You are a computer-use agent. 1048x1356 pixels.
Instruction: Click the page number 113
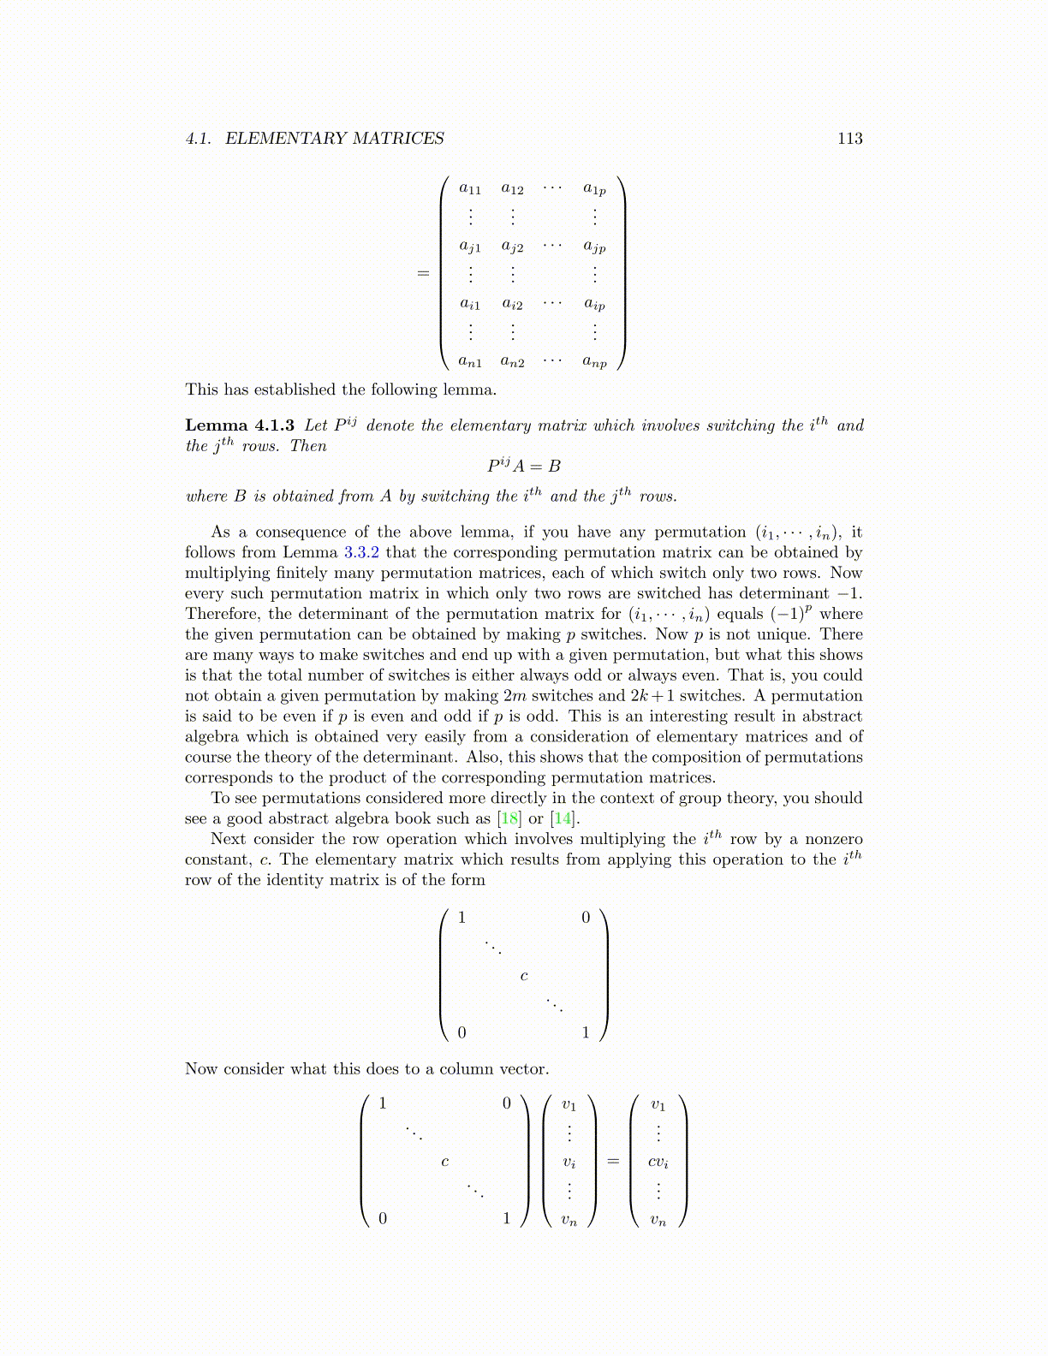pyautogui.click(x=849, y=139)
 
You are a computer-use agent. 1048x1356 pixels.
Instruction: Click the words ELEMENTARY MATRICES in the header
pyautogui.click(x=334, y=139)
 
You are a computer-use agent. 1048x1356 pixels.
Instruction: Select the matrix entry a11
pyautogui.click(x=470, y=189)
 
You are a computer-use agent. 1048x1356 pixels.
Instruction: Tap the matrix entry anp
pyautogui.click(x=594, y=362)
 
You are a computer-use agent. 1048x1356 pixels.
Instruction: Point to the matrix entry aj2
pyautogui.click(x=512, y=247)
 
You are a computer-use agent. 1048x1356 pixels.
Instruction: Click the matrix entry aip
pyautogui.click(x=594, y=304)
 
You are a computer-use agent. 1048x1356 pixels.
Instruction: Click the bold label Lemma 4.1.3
pyautogui.click(x=240, y=425)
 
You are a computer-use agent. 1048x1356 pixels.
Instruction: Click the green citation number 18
pyautogui.click(x=509, y=818)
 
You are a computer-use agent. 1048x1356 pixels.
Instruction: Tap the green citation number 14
pyautogui.click(x=563, y=818)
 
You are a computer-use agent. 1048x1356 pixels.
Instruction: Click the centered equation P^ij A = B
pyautogui.click(x=524, y=466)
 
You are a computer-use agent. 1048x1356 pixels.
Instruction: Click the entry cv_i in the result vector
pyautogui.click(x=658, y=1163)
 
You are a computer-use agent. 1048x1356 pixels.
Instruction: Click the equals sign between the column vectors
pyautogui.click(x=612, y=1162)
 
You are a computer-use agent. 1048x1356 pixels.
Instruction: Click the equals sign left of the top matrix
pyautogui.click(x=423, y=274)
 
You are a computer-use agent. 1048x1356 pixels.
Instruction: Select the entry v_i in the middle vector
pyautogui.click(x=569, y=1163)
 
